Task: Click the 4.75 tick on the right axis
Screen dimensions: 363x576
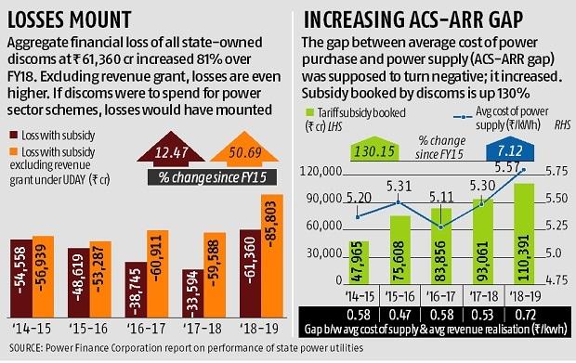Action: coord(556,279)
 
